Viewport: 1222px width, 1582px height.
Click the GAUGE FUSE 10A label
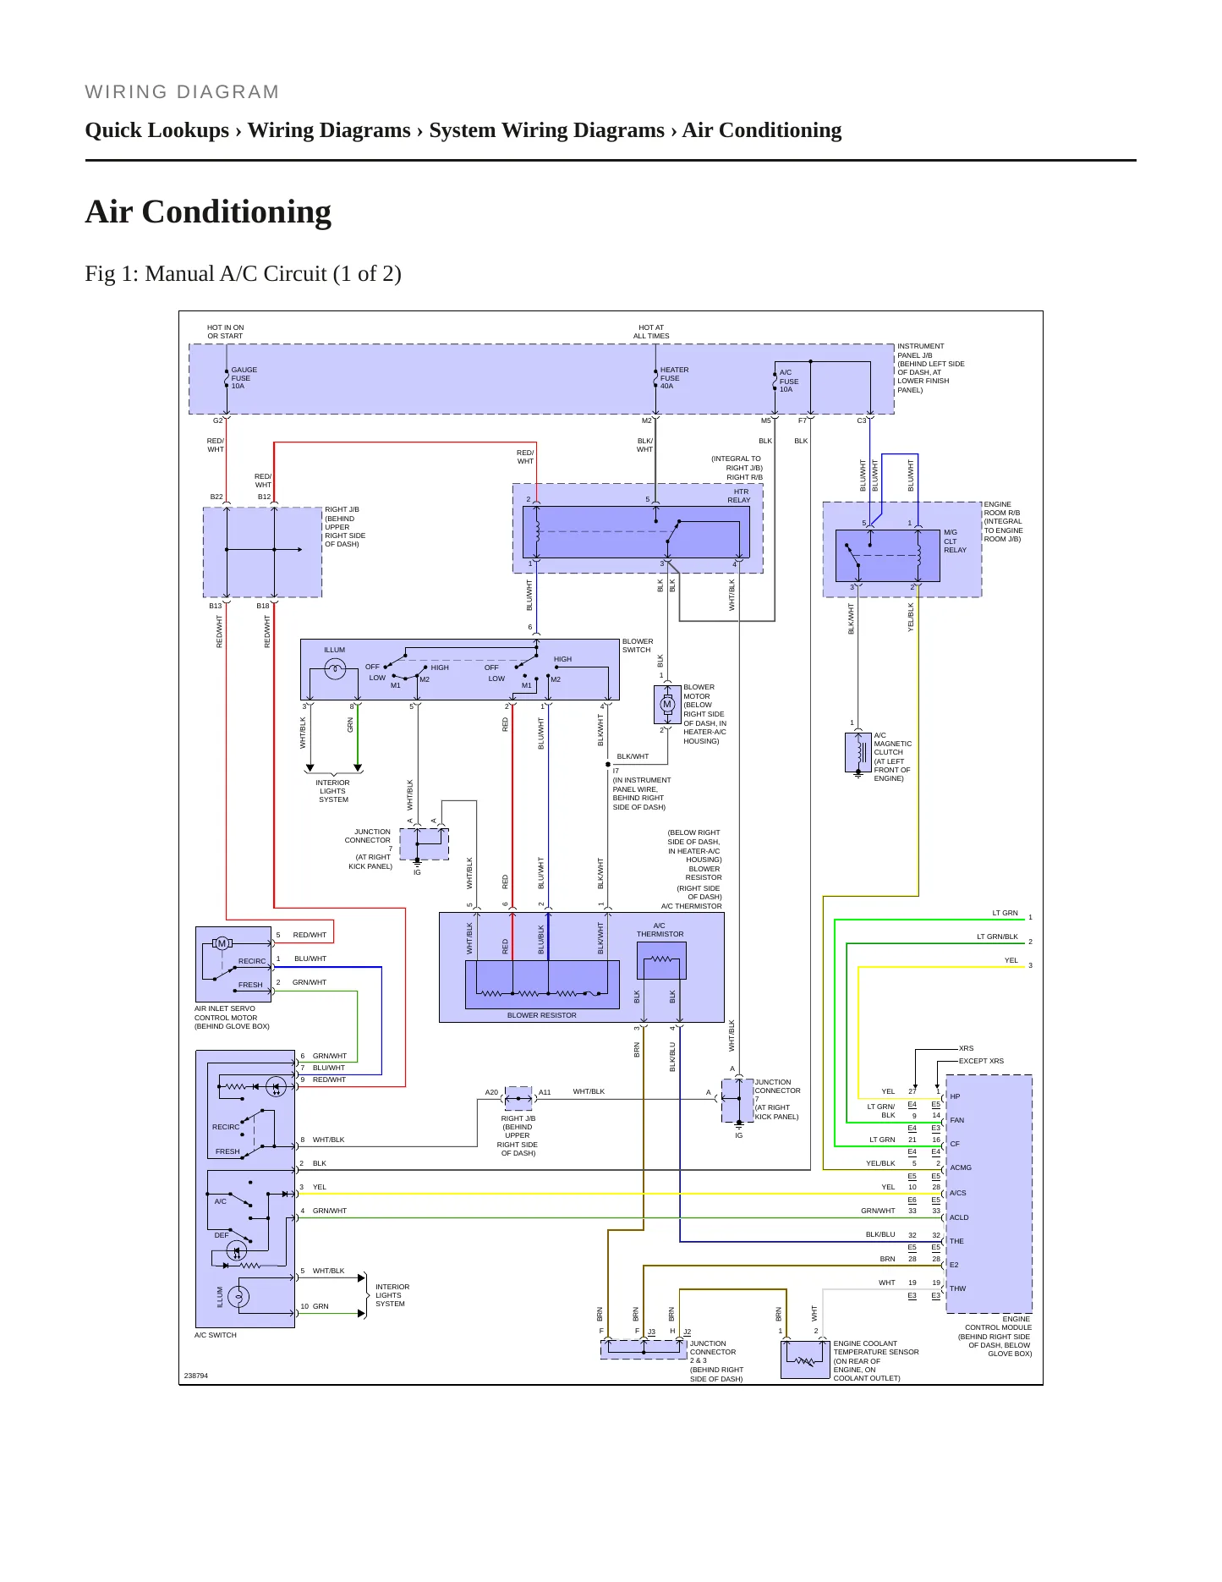point(244,378)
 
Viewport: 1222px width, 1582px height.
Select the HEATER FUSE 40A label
point(674,378)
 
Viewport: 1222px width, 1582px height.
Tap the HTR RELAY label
point(740,496)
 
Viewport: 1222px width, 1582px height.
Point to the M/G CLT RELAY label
point(955,541)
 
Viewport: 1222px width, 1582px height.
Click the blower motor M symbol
point(667,705)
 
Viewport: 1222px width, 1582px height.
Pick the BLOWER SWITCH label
point(638,645)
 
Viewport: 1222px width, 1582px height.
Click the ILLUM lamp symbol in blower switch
point(335,669)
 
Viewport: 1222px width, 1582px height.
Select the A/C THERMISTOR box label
point(660,930)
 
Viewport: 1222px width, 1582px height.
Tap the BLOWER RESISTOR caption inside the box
point(542,1015)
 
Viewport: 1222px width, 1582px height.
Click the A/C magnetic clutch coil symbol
point(858,752)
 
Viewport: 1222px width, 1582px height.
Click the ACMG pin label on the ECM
point(961,1168)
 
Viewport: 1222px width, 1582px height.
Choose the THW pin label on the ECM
point(957,1289)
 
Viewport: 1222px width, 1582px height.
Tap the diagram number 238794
point(196,1376)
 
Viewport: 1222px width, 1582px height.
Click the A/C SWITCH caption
point(216,1335)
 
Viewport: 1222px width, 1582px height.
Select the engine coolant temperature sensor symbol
point(805,1359)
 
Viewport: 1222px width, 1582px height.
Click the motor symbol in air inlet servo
point(222,943)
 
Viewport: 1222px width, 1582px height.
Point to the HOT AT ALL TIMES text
point(651,332)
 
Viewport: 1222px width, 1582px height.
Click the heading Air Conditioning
point(208,211)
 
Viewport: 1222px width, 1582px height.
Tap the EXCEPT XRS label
point(981,1061)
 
